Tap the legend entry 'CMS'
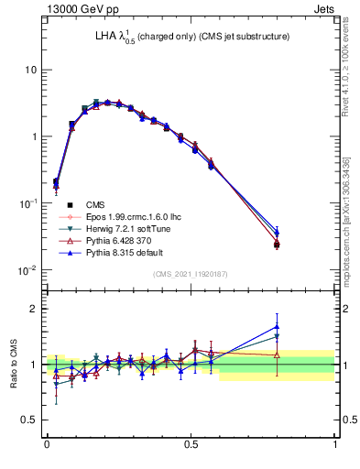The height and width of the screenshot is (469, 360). click(x=96, y=204)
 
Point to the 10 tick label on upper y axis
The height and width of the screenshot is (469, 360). click(x=29, y=71)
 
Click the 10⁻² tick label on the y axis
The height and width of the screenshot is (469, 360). click(x=27, y=269)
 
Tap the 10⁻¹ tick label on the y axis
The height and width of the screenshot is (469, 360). click(x=27, y=203)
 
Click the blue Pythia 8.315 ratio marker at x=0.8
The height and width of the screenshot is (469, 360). click(x=278, y=326)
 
